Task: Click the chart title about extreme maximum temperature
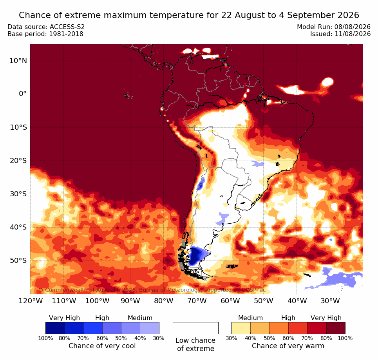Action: [x=189, y=15]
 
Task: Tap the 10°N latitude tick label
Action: [x=18, y=61]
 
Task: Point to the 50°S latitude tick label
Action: [x=18, y=261]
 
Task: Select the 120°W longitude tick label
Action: [x=31, y=301]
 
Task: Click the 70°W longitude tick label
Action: [x=197, y=301]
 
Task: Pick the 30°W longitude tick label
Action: [x=330, y=301]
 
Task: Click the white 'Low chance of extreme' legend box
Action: [x=195, y=328]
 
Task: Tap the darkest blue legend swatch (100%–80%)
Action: [x=55, y=328]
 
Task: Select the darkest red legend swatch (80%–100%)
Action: [x=336, y=328]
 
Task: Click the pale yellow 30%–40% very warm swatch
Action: [x=241, y=328]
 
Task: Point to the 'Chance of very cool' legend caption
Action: [x=102, y=346]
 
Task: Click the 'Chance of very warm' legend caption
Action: [x=288, y=346]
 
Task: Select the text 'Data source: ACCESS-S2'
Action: [x=46, y=27]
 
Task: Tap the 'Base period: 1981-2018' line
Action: [x=45, y=34]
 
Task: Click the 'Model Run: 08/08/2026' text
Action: [x=334, y=27]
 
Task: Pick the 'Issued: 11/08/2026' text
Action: [x=340, y=34]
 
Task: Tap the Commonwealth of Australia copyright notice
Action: [x=152, y=290]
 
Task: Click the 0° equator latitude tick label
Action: [x=22, y=94]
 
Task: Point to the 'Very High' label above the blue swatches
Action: [x=64, y=318]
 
